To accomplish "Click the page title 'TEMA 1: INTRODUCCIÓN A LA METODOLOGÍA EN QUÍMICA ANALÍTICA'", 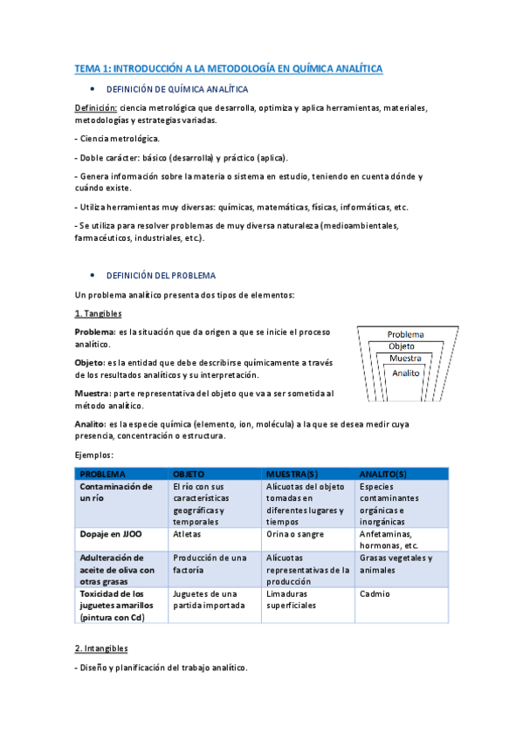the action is tap(228, 68).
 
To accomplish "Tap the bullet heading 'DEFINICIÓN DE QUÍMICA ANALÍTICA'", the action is tap(176, 90).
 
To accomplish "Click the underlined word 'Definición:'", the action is tap(95, 108).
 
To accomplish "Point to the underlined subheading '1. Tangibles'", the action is tap(98, 313).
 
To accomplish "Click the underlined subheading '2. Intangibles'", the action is tap(101, 648).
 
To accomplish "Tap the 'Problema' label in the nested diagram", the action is tap(405, 334).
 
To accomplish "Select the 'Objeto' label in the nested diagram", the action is tap(402, 346).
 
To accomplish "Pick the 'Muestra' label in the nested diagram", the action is tap(405, 359).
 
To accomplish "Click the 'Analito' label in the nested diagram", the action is tap(406, 373).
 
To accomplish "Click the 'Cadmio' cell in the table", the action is tap(374, 593).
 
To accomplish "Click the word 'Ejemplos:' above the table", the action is tap(95, 455).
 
